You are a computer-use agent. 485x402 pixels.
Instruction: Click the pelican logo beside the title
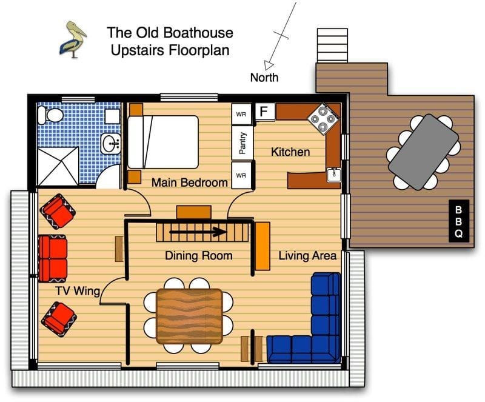(x=73, y=39)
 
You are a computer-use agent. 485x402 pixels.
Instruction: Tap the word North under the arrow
(x=264, y=78)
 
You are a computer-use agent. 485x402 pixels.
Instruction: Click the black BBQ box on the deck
(x=459, y=221)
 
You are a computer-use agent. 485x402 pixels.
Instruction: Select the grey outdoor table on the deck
(x=423, y=152)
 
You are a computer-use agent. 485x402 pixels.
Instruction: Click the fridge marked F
(x=265, y=112)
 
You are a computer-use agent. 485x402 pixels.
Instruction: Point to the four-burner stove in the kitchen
(x=323, y=118)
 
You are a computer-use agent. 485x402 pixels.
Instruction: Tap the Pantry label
(x=242, y=143)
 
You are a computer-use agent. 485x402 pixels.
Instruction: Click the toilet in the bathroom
(x=50, y=115)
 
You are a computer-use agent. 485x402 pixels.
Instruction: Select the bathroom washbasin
(x=110, y=144)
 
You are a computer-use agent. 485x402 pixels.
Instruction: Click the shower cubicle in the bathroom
(x=58, y=167)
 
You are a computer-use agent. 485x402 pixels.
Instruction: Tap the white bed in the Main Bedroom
(x=163, y=142)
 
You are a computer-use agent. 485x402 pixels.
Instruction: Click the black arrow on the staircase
(x=198, y=232)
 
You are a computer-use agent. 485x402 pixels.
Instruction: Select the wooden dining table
(x=189, y=317)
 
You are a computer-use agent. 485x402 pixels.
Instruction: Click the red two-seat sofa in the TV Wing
(x=53, y=259)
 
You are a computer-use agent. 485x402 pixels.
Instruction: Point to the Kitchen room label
(x=290, y=152)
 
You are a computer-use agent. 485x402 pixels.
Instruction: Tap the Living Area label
(x=307, y=256)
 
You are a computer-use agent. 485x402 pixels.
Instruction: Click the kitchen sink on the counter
(x=334, y=175)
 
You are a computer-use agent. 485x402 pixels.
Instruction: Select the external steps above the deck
(x=332, y=45)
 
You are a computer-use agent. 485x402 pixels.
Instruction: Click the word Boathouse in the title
(x=198, y=33)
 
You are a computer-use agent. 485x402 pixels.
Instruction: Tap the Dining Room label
(x=199, y=256)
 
